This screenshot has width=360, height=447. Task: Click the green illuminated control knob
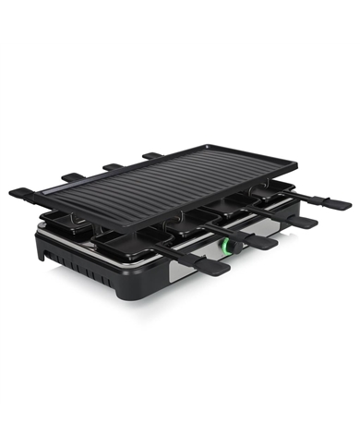tap(224, 248)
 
